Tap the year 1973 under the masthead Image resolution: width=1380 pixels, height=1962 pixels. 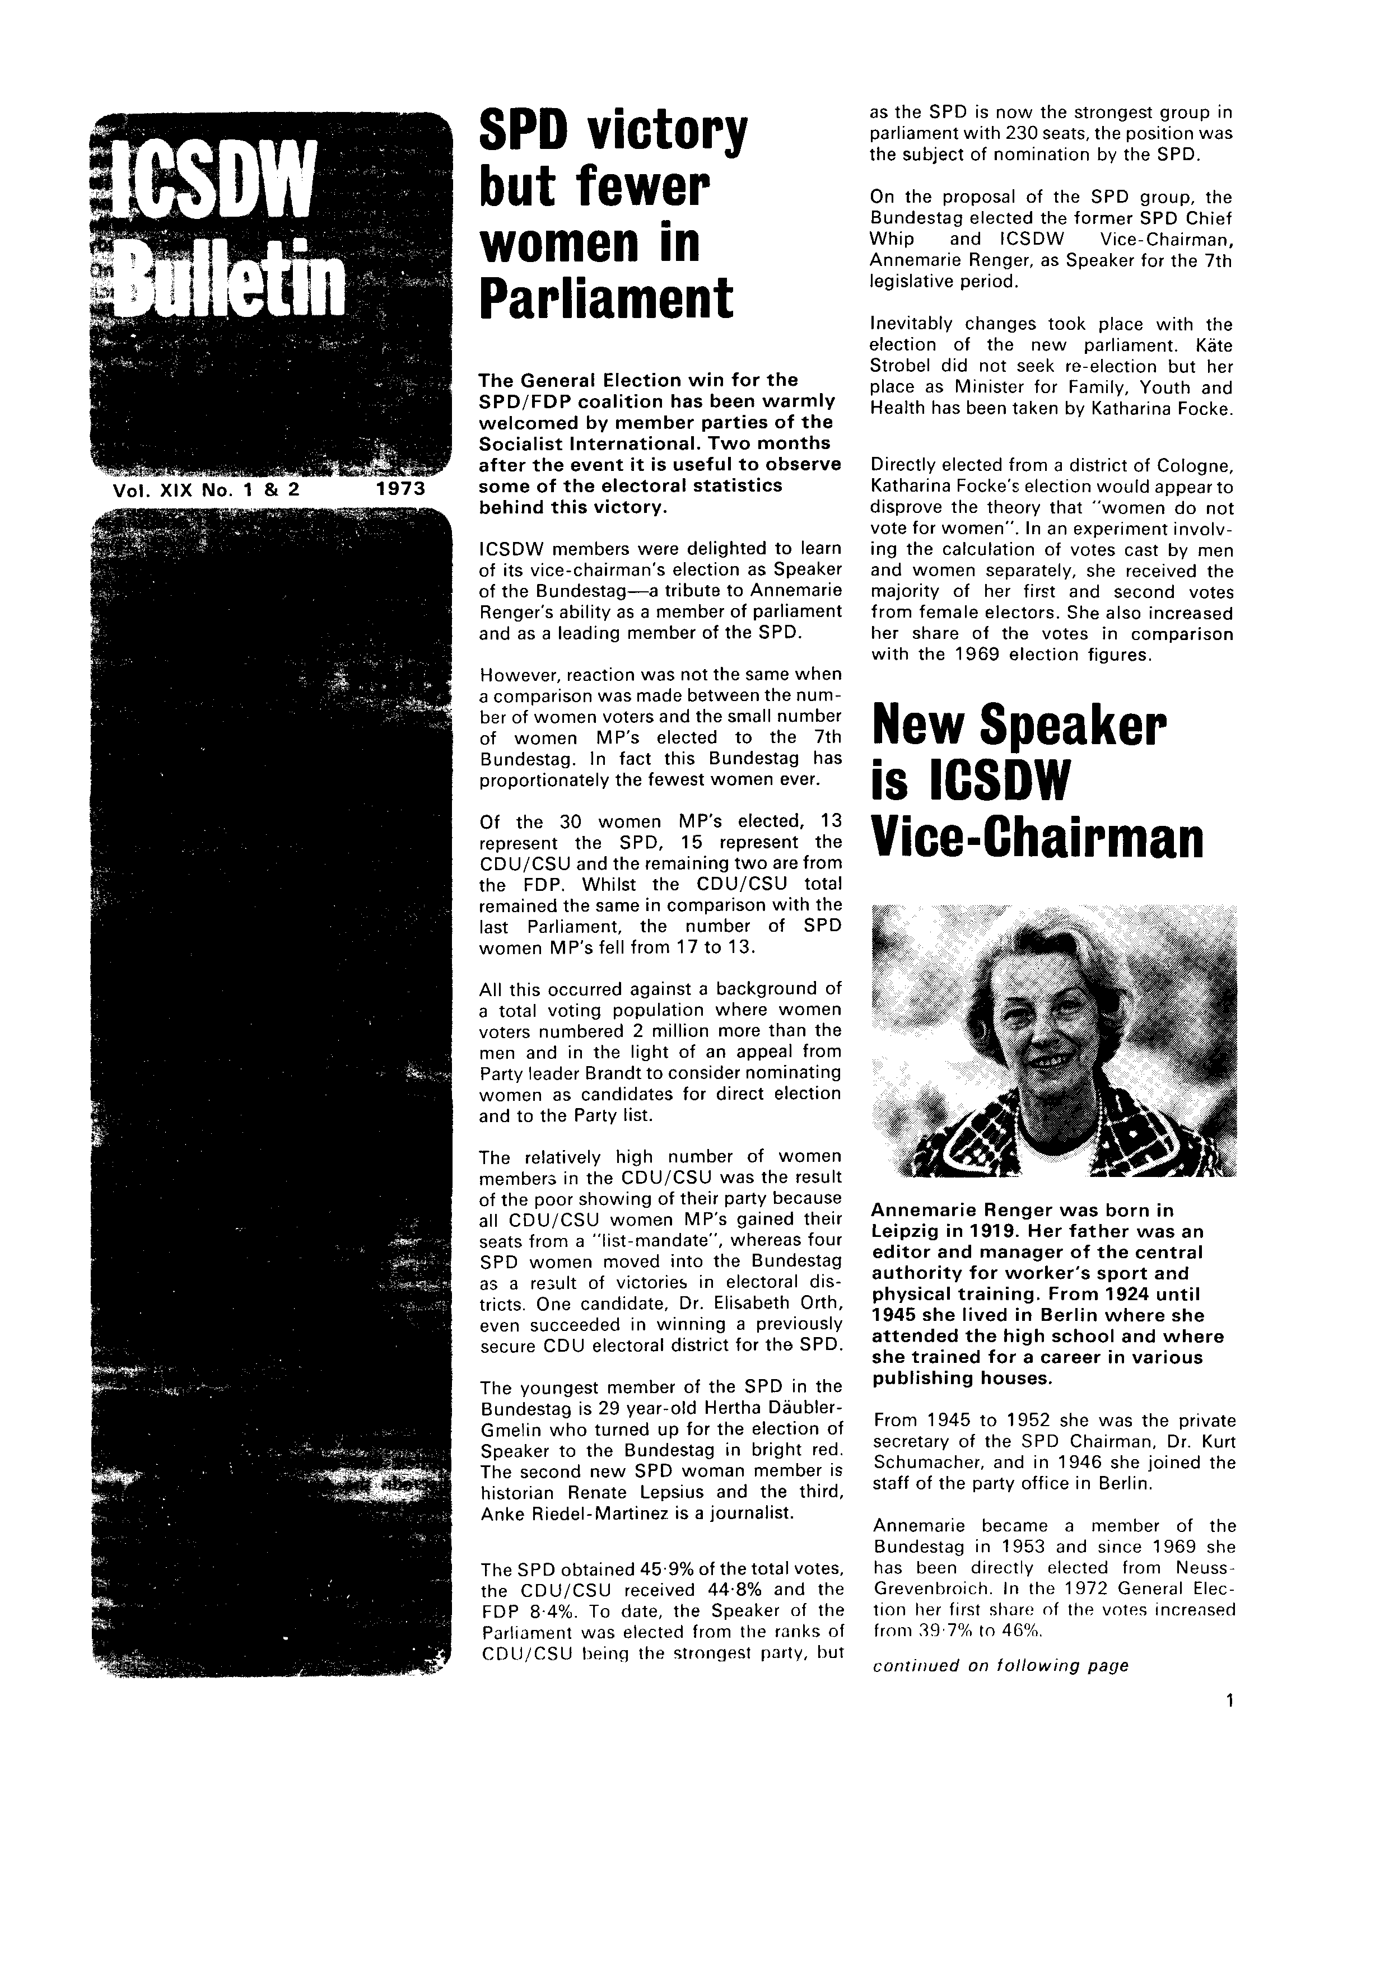point(400,489)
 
